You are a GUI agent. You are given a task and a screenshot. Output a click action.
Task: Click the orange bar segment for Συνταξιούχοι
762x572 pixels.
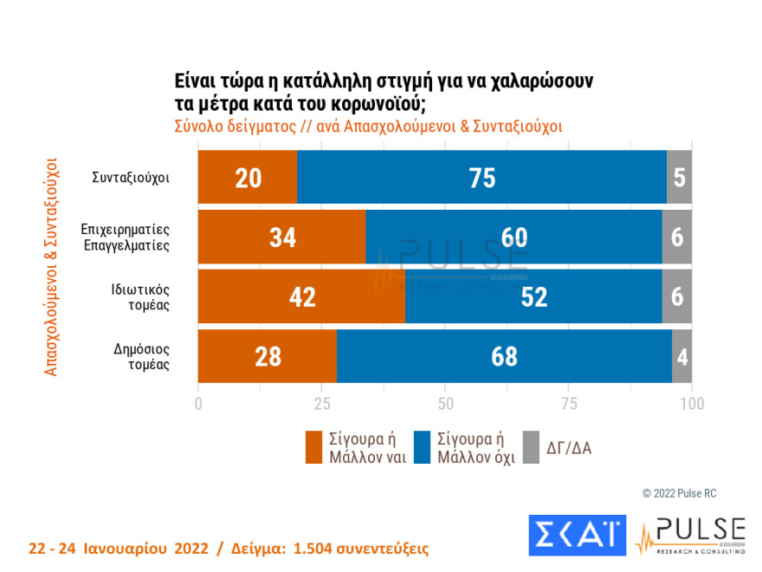(248, 178)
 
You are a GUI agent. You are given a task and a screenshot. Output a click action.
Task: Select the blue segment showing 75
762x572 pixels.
(481, 178)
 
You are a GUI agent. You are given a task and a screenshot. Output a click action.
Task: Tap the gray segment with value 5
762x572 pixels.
(679, 178)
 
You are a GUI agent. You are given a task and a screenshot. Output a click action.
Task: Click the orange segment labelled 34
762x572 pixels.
(282, 237)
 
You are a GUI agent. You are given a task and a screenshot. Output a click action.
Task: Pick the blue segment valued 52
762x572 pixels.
(533, 296)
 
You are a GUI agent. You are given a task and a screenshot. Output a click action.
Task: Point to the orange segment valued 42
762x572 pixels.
(301, 296)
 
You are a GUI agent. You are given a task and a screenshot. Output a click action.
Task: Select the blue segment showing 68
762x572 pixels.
(504, 356)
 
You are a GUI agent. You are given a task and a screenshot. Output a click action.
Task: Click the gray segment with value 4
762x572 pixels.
(681, 356)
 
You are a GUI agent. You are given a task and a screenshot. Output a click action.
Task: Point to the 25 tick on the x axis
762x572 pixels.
(322, 404)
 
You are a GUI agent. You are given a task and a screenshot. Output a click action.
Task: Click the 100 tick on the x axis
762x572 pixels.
(691, 404)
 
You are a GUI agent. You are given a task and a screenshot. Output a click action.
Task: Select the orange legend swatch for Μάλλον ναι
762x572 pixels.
(316, 447)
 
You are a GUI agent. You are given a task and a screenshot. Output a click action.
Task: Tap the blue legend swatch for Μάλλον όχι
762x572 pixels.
(424, 447)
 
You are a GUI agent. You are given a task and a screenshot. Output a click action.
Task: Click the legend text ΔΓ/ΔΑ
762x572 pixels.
(569, 448)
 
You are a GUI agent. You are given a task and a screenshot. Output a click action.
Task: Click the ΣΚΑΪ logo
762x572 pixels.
(576, 536)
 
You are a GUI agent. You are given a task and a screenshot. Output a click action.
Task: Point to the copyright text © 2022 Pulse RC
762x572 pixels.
(679, 493)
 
